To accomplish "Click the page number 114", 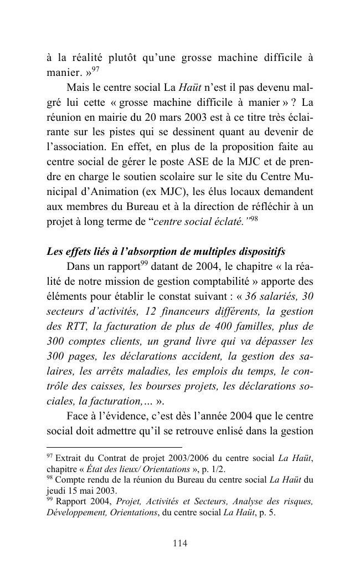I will [x=180, y=544].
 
